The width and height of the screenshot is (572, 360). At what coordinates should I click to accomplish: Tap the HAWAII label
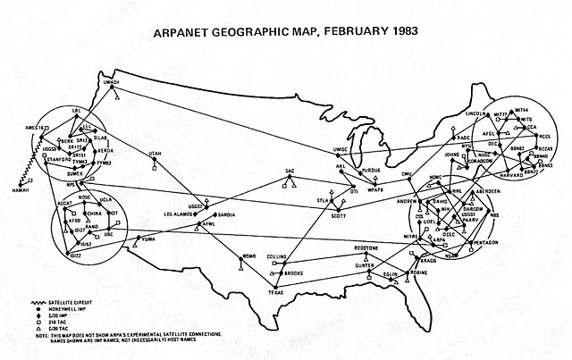(x=19, y=190)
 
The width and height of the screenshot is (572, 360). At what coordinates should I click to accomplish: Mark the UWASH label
(x=112, y=82)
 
